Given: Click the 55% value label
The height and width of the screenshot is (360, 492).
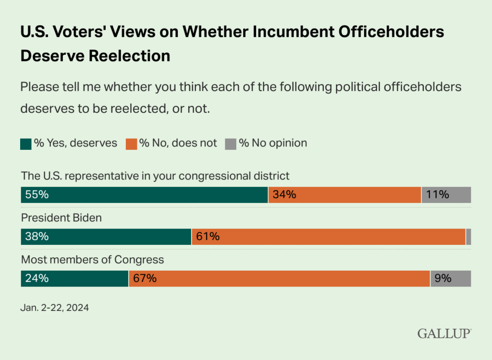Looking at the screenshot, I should click(x=35, y=195).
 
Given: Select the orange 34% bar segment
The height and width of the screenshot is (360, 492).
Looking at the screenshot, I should click(x=344, y=195).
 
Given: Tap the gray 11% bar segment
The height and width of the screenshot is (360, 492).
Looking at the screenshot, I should click(x=446, y=195).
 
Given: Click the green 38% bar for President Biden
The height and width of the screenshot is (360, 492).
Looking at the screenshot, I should click(x=106, y=237).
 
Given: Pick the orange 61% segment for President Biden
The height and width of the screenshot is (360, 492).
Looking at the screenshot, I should click(x=329, y=237).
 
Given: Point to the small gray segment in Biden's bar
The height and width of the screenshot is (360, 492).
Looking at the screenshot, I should click(x=468, y=237).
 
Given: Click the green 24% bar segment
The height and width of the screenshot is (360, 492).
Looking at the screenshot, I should click(x=74, y=278).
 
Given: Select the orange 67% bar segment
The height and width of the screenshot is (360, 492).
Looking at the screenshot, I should click(x=279, y=278).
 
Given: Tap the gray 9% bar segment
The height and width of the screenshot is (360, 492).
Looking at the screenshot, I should click(x=450, y=278).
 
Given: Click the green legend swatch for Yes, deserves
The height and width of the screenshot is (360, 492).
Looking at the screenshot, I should click(x=26, y=144).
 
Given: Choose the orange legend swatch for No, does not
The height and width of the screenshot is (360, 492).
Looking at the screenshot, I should click(x=131, y=144).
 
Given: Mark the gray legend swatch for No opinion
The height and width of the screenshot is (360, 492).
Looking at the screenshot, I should click(x=231, y=144).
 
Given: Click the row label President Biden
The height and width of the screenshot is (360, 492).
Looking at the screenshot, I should click(x=61, y=218).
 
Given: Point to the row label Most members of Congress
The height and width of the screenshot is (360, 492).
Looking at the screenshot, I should click(x=92, y=260).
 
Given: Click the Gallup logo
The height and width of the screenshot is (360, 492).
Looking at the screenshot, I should click(x=444, y=333).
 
